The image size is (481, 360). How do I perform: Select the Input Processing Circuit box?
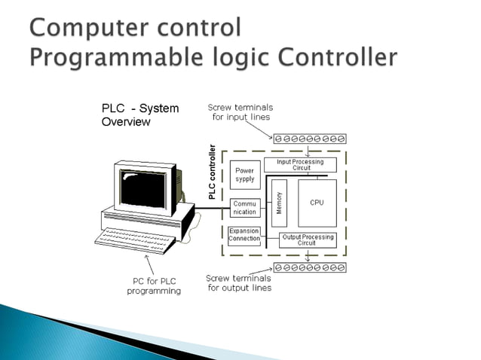[x=299, y=165]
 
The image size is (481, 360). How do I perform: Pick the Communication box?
[x=244, y=208]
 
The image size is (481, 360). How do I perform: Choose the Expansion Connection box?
[x=244, y=235]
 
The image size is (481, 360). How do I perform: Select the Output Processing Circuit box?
[x=307, y=240]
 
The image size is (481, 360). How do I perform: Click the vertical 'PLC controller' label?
[x=213, y=172]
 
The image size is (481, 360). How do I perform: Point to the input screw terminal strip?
[x=310, y=139]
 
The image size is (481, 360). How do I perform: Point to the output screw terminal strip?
[x=310, y=267]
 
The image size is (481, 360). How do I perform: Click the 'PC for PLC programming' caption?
[x=154, y=286]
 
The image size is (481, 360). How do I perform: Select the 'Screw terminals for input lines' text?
[x=239, y=112]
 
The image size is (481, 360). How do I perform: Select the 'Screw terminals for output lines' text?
[x=239, y=282]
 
